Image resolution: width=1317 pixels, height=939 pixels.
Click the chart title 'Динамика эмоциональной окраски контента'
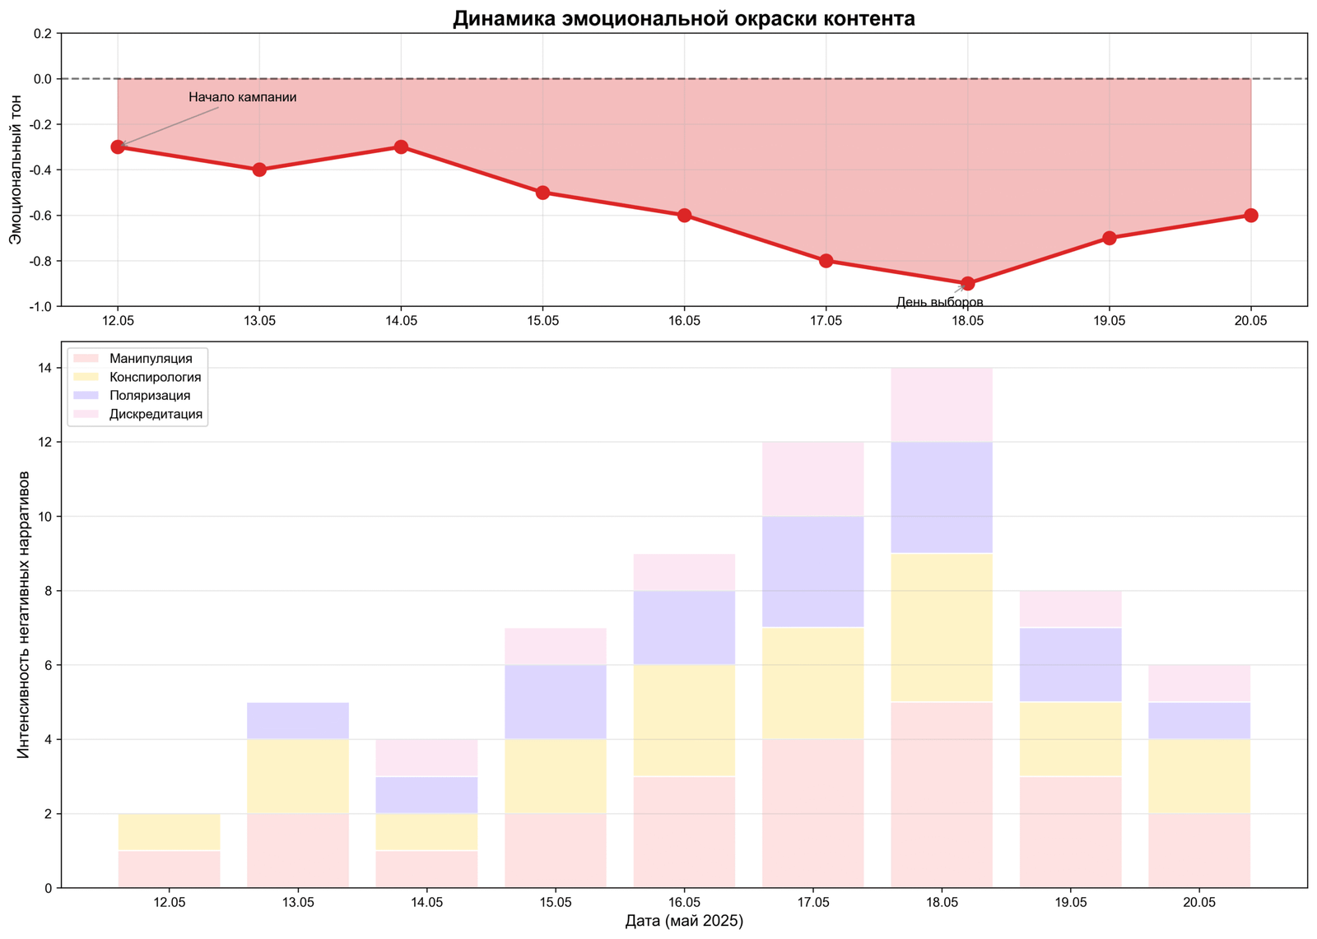(x=683, y=18)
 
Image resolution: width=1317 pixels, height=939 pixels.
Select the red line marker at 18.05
(x=967, y=284)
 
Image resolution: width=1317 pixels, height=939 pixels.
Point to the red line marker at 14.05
(x=401, y=147)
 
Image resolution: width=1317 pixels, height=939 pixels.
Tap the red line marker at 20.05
(x=1250, y=216)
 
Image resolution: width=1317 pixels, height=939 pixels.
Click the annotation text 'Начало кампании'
(x=242, y=97)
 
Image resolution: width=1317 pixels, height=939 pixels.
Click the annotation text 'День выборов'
(x=939, y=302)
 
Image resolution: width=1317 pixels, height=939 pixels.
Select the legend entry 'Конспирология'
(x=155, y=378)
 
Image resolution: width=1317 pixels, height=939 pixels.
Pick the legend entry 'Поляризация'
(x=149, y=396)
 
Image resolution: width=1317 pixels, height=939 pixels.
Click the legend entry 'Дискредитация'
(x=156, y=414)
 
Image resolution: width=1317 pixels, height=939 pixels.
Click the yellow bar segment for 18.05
(x=941, y=627)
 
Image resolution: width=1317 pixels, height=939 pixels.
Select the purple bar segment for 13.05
(x=298, y=721)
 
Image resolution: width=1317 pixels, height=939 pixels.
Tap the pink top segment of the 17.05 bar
(x=812, y=479)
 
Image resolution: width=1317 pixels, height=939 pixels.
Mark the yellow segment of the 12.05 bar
(x=170, y=832)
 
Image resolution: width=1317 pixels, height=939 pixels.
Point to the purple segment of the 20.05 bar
(x=1198, y=721)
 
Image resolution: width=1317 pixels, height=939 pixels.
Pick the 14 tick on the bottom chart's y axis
(x=44, y=368)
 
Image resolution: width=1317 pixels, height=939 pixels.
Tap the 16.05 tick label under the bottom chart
(x=684, y=903)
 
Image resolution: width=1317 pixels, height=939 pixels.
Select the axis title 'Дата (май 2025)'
(x=684, y=922)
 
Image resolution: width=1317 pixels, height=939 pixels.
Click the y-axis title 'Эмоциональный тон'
(x=16, y=170)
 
